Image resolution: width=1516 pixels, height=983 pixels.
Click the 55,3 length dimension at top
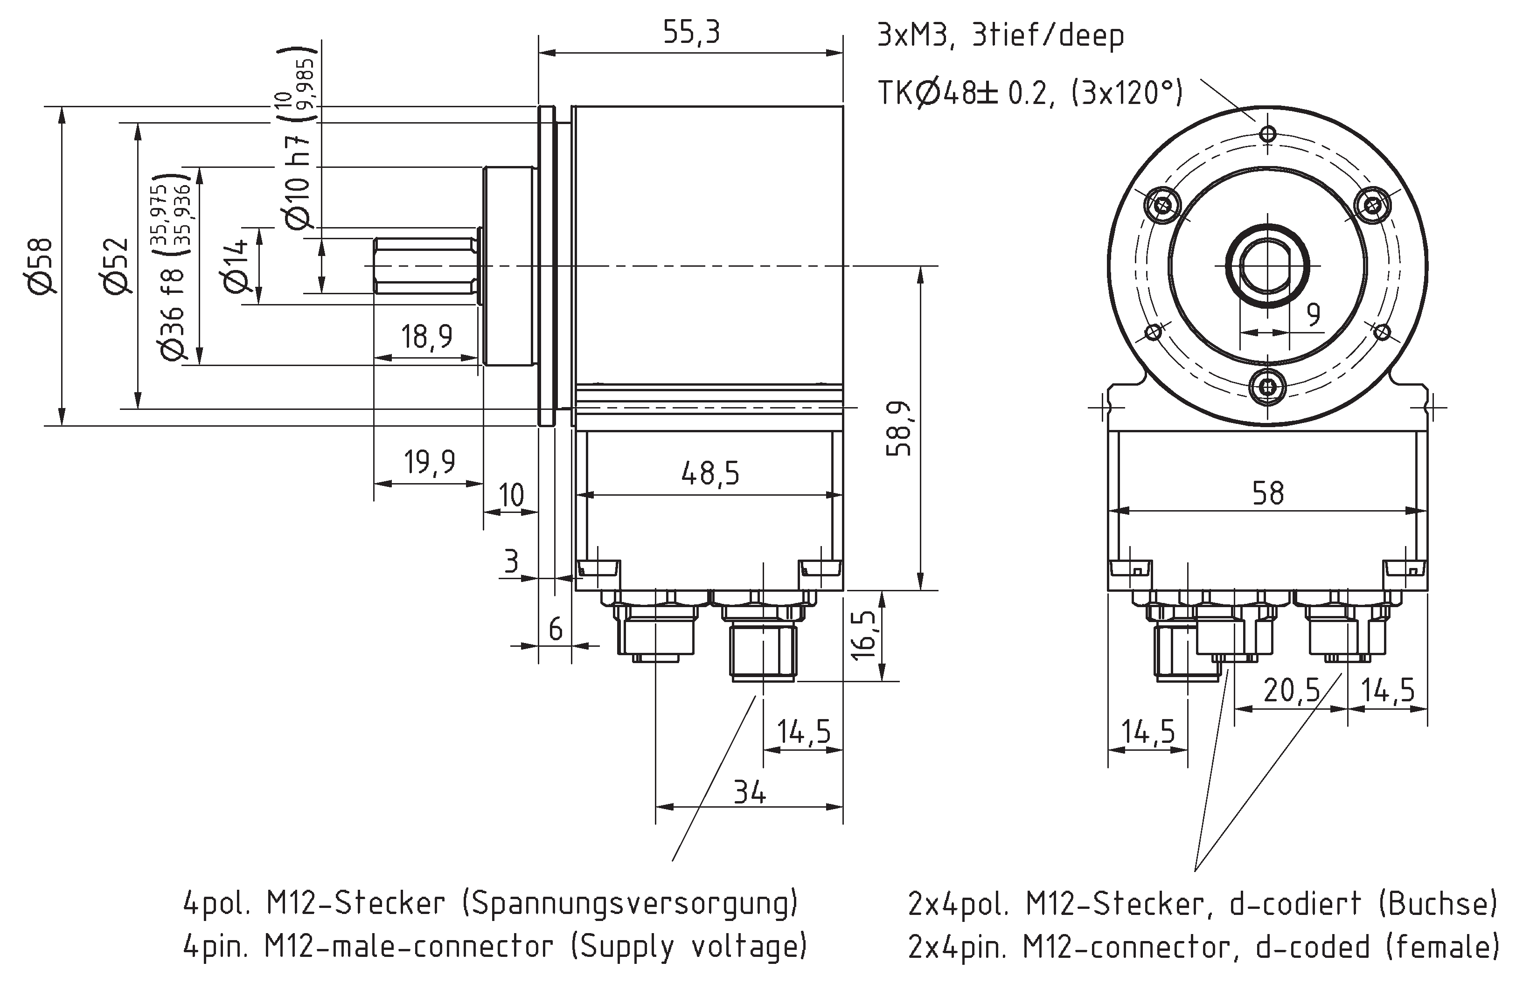[691, 32]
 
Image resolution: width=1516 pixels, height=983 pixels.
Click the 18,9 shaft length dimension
[426, 336]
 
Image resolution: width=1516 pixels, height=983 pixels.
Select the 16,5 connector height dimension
[864, 636]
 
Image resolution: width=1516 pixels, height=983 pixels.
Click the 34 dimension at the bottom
[750, 793]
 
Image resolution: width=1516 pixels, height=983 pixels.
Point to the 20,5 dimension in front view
[1291, 690]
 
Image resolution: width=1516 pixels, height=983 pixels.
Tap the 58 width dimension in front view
[1267, 493]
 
